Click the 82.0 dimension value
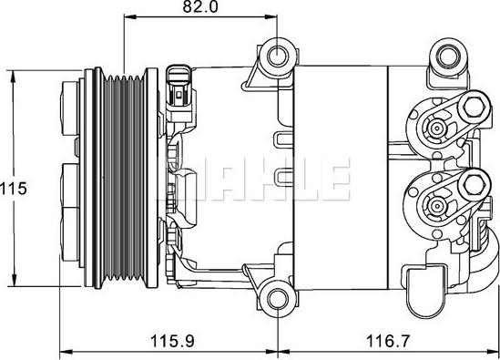(200, 6)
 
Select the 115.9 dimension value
(172, 341)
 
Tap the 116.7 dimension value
(387, 341)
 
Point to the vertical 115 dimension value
(14, 189)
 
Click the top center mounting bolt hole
(278, 57)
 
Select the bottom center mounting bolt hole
(278, 298)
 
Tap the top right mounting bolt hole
(448, 57)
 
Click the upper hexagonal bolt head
(474, 107)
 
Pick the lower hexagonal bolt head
(474, 184)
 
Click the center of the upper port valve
(435, 129)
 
